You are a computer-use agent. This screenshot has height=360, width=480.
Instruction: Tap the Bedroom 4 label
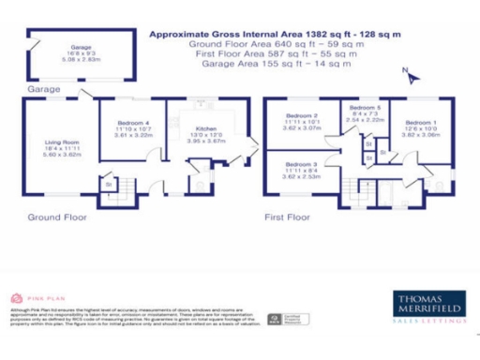[133, 123]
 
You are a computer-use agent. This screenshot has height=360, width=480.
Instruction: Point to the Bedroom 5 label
[365, 109]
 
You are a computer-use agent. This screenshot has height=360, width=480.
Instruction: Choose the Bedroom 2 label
[302, 116]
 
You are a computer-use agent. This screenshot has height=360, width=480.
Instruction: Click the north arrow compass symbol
[405, 71]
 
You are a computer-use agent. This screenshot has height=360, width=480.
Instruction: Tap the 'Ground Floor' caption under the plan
[57, 217]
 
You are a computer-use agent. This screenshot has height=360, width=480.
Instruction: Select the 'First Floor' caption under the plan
[287, 217]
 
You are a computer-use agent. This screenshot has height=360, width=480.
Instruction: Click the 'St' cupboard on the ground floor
[109, 185]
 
